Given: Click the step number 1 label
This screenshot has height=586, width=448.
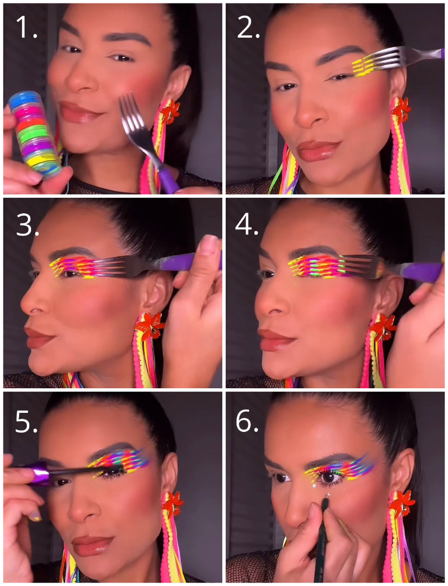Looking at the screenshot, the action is click(x=26, y=27).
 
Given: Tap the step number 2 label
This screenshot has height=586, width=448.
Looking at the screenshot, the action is click(x=248, y=27).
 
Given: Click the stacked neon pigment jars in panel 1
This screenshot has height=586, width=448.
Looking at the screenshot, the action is click(x=35, y=134).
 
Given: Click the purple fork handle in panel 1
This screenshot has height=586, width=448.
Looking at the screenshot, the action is click(x=168, y=179).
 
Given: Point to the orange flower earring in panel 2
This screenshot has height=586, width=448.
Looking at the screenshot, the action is click(x=400, y=110).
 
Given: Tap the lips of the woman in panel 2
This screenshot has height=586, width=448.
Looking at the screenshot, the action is click(x=318, y=151).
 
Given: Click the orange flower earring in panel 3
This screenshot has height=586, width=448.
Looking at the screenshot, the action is click(x=150, y=325).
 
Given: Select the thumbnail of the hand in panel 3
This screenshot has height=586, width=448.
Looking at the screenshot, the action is click(x=208, y=246).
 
